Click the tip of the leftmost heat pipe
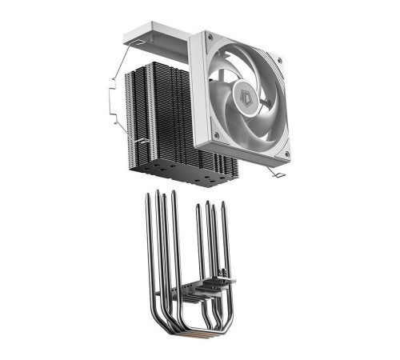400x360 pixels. click(x=146, y=196)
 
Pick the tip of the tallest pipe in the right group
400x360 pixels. click(x=208, y=202)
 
